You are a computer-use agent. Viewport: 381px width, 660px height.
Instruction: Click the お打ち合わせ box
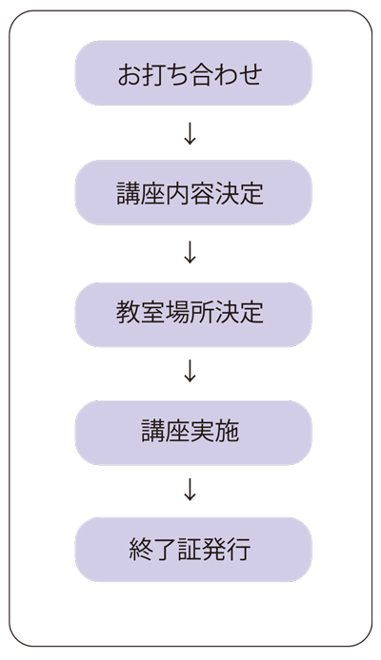pos(193,73)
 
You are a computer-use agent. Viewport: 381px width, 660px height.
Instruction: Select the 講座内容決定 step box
pos(193,192)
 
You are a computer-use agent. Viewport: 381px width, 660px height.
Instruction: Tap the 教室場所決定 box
pos(193,315)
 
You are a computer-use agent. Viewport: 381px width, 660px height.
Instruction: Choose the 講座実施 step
pos(193,433)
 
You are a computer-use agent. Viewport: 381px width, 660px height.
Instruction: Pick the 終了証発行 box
pos(193,550)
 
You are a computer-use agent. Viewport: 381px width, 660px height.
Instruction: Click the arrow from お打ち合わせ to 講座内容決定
pos(190,133)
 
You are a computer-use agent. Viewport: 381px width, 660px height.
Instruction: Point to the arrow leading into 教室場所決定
pos(190,252)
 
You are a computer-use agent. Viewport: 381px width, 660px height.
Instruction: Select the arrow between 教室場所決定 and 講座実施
pos(190,371)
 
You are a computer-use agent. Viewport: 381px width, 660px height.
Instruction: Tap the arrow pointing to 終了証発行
pos(190,490)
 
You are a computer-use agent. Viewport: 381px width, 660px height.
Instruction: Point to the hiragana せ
pos(251,74)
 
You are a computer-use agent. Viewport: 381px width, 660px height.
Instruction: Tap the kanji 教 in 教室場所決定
pos(129,312)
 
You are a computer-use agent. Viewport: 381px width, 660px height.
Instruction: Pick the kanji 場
pos(178,312)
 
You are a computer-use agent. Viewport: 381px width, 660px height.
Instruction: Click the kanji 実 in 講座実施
pos(202,431)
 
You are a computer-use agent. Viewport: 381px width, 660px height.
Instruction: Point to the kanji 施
pos(227,431)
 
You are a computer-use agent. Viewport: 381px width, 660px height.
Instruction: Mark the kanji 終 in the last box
pos(141,550)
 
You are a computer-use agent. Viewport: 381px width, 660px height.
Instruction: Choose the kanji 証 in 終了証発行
pos(190,550)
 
